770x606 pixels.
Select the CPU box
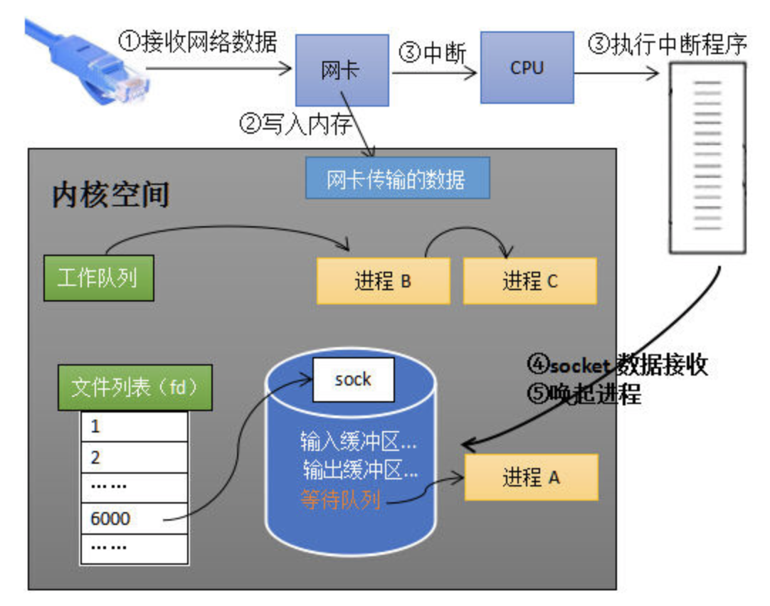point(527,68)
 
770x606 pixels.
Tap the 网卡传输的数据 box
point(397,179)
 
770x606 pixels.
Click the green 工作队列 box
point(98,277)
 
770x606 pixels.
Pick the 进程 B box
point(383,281)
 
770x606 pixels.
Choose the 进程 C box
point(529,281)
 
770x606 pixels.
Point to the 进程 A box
point(531,477)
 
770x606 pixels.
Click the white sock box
point(353,379)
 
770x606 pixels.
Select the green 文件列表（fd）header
point(134,388)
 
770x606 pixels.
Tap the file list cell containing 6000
point(134,518)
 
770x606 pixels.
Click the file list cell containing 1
point(134,427)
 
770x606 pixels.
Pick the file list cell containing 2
point(134,457)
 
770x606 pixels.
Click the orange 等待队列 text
point(340,501)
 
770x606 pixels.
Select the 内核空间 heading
point(110,193)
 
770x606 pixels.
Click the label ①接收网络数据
point(196,43)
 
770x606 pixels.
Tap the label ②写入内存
point(296,124)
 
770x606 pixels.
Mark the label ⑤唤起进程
point(584,393)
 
